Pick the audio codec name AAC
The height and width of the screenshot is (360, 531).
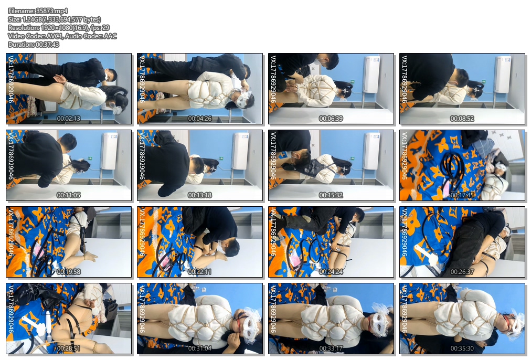pyautogui.click(x=110, y=36)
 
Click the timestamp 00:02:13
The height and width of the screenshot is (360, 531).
pyautogui.click(x=68, y=119)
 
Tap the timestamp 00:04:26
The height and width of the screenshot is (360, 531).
pyautogui.click(x=200, y=119)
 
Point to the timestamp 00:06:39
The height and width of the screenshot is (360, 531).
pyautogui.click(x=331, y=119)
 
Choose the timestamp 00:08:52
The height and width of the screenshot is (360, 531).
pyautogui.click(x=462, y=119)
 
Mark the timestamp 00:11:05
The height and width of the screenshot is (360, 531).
pyautogui.click(x=68, y=195)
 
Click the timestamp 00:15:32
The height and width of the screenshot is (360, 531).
pyautogui.click(x=331, y=195)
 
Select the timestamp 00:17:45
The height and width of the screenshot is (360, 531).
pyautogui.click(x=462, y=195)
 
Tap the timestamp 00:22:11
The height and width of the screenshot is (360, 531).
pyautogui.click(x=200, y=272)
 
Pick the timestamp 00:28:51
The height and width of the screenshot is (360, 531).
pyautogui.click(x=68, y=348)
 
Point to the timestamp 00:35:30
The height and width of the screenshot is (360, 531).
pyautogui.click(x=462, y=348)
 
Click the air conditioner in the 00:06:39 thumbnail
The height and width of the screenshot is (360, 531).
pyautogui.click(x=372, y=75)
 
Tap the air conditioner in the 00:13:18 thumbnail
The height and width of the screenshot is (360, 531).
pyautogui.click(x=240, y=151)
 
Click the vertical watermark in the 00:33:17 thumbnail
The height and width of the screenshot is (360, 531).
pyautogui.click(x=273, y=309)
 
